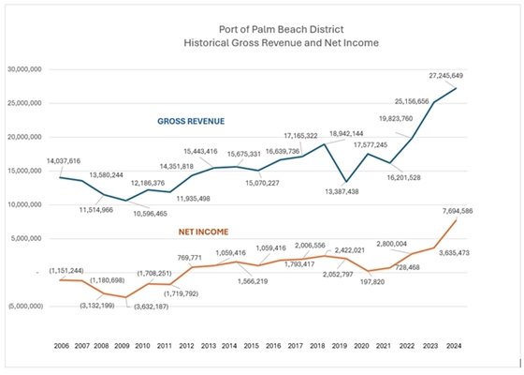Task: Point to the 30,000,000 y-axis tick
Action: point(29,69)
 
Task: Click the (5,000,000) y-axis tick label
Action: point(29,306)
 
